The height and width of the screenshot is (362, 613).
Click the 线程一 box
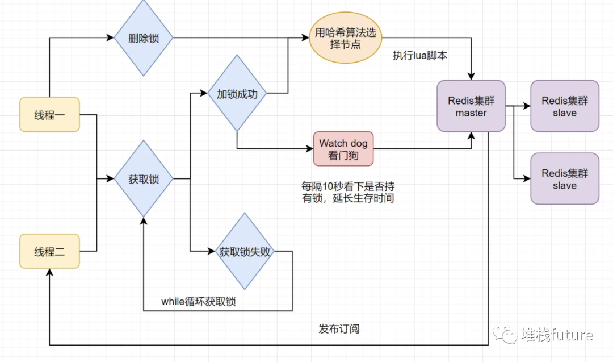point(49,115)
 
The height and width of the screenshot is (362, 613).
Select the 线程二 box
point(49,251)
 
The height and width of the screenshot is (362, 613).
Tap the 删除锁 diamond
point(144,38)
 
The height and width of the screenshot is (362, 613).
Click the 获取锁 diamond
point(144,179)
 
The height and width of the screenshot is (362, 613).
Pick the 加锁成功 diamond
point(237,94)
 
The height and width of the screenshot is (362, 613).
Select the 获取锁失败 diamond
point(245,251)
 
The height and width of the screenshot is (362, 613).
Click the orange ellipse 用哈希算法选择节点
point(345,38)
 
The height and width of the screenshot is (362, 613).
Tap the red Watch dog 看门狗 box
point(343,149)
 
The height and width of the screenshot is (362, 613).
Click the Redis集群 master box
point(471,106)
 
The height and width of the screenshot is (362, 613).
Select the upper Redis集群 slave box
point(564,106)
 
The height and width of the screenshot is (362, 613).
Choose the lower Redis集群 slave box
point(564,179)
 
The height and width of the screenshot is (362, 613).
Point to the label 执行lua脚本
point(420,56)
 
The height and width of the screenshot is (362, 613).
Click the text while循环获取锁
point(198,302)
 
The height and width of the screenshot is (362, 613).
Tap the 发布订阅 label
point(339,329)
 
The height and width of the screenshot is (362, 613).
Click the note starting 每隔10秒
point(347,192)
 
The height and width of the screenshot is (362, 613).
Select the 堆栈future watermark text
point(556,335)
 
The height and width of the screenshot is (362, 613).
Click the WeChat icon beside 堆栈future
point(505,335)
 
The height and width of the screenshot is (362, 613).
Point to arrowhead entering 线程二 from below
point(50,273)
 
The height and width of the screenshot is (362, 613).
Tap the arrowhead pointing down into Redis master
point(471,77)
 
